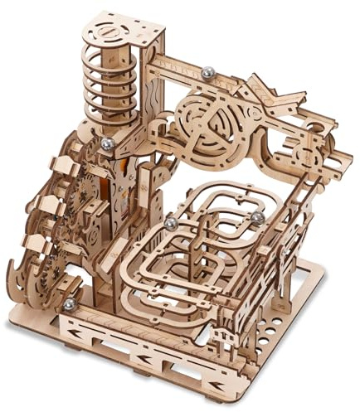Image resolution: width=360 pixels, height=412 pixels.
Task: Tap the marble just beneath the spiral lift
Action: point(107,144)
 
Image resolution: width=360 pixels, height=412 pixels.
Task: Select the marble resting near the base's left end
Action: point(68,306)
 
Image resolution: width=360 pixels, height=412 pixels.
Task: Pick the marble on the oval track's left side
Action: point(170,224)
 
